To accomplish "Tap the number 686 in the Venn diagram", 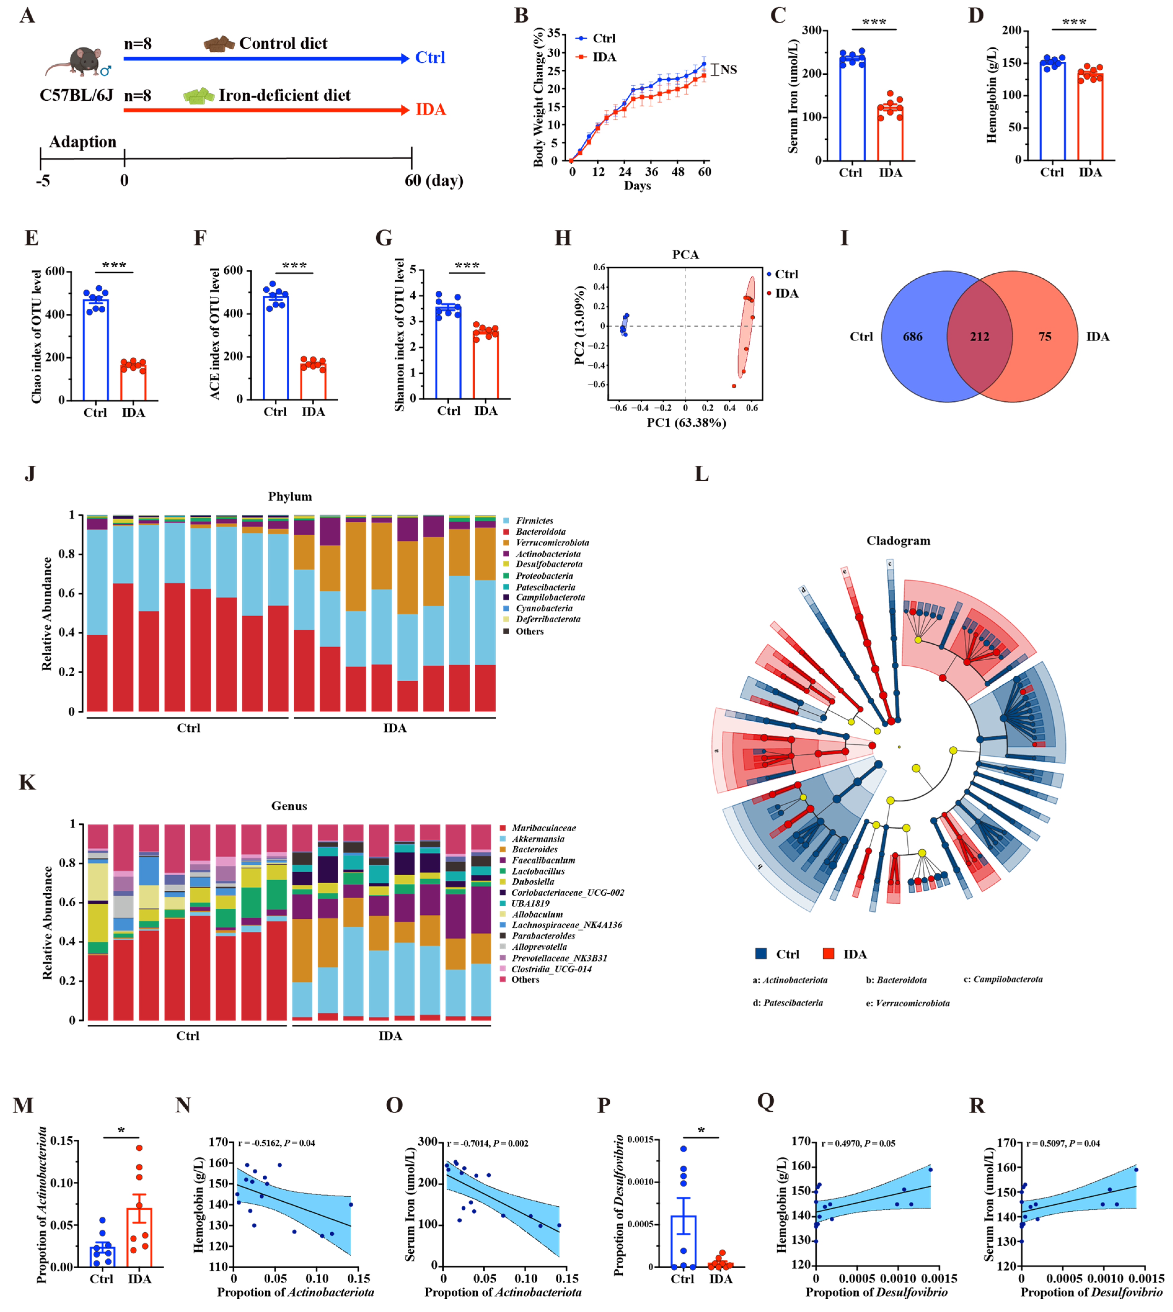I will [x=913, y=337].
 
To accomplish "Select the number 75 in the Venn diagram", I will [x=1045, y=337].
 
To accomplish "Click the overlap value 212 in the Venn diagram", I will [x=980, y=337].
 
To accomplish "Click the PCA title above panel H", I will [x=685, y=255].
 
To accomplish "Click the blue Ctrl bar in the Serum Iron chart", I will [x=852, y=110].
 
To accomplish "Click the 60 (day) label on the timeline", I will [x=434, y=180].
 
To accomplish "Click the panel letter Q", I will [x=766, y=1101].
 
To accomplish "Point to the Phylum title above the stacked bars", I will [x=290, y=497].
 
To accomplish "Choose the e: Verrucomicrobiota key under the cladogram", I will [x=907, y=1003].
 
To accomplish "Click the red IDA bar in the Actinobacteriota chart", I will [x=139, y=1237].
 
